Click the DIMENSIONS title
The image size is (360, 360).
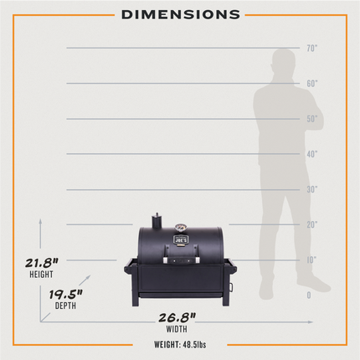tap(181, 15)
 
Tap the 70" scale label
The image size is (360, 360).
tap(312, 49)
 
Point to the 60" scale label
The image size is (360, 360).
tap(312, 84)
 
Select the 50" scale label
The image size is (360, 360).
tap(312, 119)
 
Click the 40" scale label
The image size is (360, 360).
tap(312, 154)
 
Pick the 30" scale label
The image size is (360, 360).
tap(312, 189)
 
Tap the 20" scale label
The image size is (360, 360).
tap(312, 224)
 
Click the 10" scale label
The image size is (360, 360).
tap(311, 260)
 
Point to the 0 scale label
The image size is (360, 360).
tap(309, 296)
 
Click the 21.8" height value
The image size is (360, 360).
tap(42, 263)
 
